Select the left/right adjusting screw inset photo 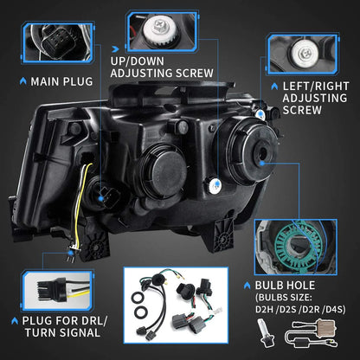point(305,52)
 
